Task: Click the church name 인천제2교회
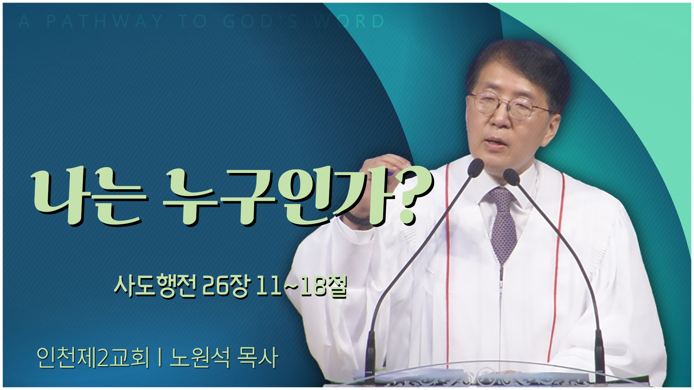(x=93, y=357)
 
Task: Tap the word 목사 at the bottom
(x=258, y=357)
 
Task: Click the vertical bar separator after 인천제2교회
(x=159, y=357)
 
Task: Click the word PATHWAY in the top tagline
(x=105, y=21)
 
